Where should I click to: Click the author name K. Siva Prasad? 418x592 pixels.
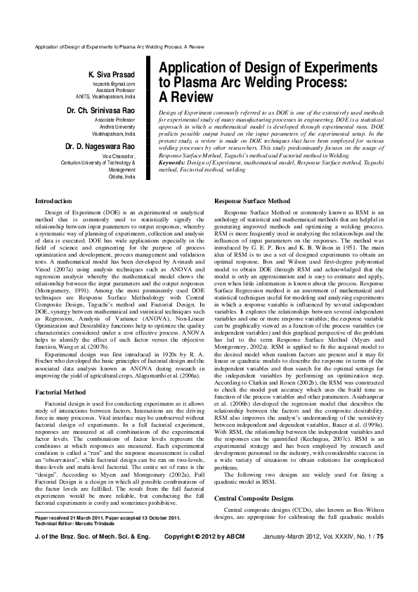coord(116,75)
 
